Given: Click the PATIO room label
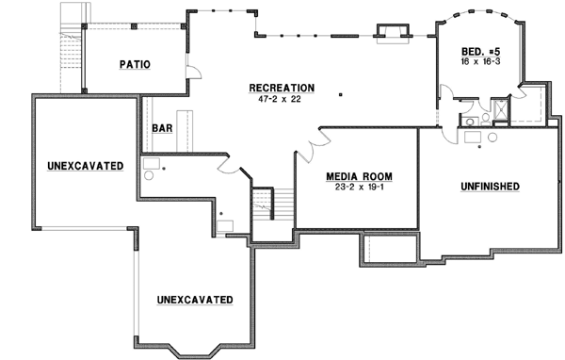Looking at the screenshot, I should pyautogui.click(x=137, y=64).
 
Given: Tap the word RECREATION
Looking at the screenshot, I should pyautogui.click(x=282, y=88).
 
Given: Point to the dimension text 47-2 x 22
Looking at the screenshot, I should pyautogui.click(x=282, y=99).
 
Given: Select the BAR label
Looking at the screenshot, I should pyautogui.click(x=161, y=128).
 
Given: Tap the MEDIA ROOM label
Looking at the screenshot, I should pyautogui.click(x=358, y=176).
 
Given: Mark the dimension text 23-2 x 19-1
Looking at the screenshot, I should pyautogui.click(x=358, y=188).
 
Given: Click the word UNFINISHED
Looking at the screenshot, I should pyautogui.click(x=490, y=187).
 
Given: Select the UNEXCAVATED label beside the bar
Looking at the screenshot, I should pyautogui.click(x=85, y=167).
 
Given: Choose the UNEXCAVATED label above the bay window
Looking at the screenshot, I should pyautogui.click(x=195, y=300).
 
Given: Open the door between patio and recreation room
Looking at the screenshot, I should pyautogui.click(x=192, y=73).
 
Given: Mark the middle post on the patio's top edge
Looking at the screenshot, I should pyautogui.click(x=135, y=25).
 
